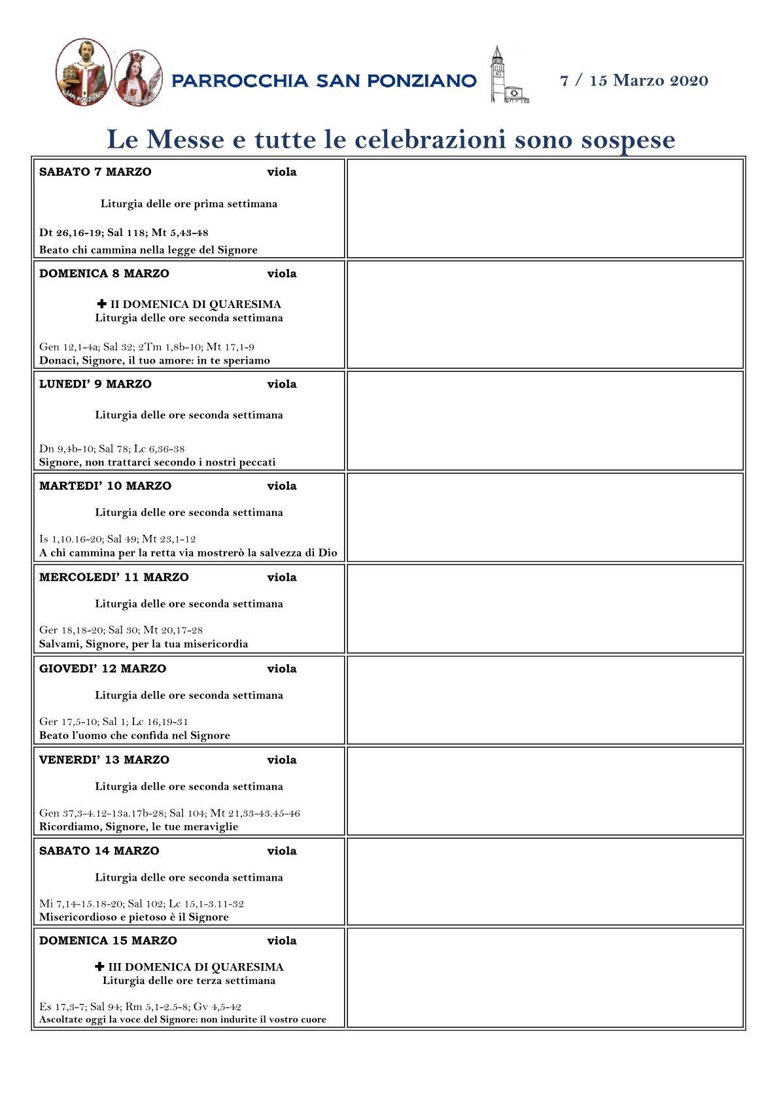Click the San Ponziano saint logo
pyautogui.click(x=84, y=72)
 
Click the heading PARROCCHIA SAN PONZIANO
pyautogui.click(x=324, y=81)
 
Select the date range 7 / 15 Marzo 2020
pyautogui.click(x=634, y=80)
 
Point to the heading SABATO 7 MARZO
pyautogui.click(x=95, y=172)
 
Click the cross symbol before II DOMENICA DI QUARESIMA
pyautogui.click(x=101, y=304)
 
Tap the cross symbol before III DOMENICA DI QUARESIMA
pyautogui.click(x=99, y=966)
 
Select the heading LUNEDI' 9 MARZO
pyautogui.click(x=95, y=384)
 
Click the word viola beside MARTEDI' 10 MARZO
pyautogui.click(x=282, y=486)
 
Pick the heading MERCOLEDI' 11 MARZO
pyautogui.click(x=114, y=577)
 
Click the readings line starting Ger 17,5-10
pyautogui.click(x=114, y=722)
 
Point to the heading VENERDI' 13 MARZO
pyautogui.click(x=104, y=760)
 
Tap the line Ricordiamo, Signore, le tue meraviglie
pyautogui.click(x=139, y=826)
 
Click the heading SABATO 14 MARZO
pyautogui.click(x=99, y=851)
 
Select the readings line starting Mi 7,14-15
pyautogui.click(x=141, y=904)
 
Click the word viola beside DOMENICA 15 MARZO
pyautogui.click(x=282, y=941)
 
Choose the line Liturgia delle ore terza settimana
pyautogui.click(x=189, y=981)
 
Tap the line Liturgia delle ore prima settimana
pyautogui.click(x=189, y=204)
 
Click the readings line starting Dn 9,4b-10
pyautogui.click(x=112, y=449)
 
